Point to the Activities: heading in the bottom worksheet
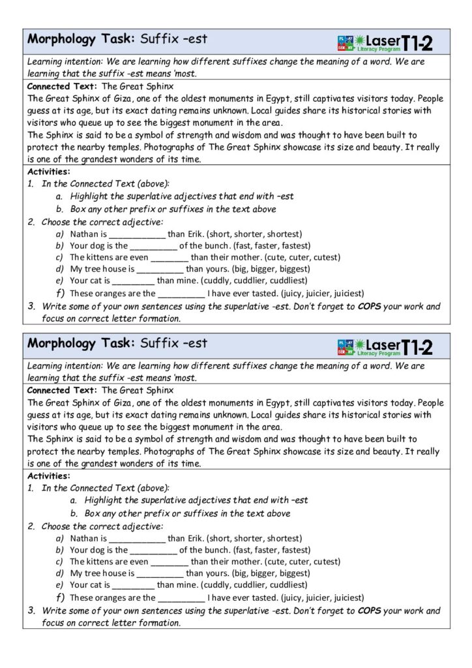49,476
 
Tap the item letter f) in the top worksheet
60,293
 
